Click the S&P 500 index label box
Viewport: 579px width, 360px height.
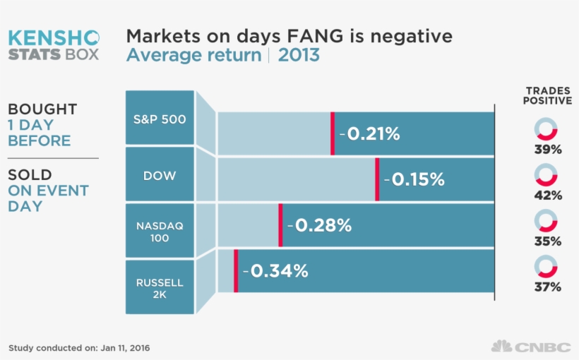[x=160, y=118]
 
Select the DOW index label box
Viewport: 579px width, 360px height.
[x=160, y=174]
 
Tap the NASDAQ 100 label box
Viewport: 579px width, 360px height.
[x=160, y=231]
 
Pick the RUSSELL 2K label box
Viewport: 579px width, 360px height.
[x=160, y=287]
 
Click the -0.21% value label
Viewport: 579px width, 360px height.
[x=369, y=133]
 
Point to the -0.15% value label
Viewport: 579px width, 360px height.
[x=414, y=179]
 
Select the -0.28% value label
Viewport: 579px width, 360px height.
[x=318, y=225]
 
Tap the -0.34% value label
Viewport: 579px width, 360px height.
[x=275, y=270]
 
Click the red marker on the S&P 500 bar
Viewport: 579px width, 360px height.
[x=332, y=133]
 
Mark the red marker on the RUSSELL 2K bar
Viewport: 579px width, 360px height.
[x=236, y=270]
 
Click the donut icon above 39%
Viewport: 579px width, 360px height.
[x=547, y=129]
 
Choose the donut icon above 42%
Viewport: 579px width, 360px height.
[x=547, y=175]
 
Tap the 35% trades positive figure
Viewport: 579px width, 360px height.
[x=547, y=241]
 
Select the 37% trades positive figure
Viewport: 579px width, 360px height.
[x=547, y=287]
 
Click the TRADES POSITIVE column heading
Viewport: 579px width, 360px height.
[x=547, y=96]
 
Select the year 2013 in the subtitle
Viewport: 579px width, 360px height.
[x=299, y=55]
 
